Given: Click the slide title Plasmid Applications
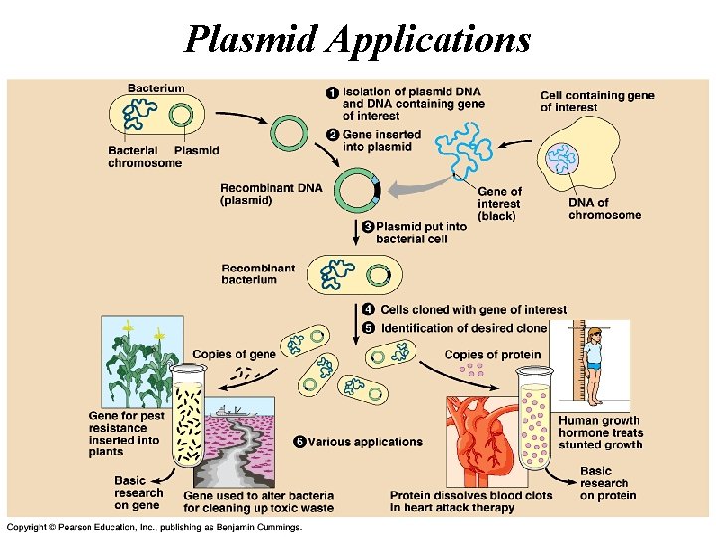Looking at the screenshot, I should (358, 39).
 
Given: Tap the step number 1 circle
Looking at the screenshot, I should (332, 92).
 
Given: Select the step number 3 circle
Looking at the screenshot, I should (367, 227).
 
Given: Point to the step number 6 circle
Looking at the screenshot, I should (300, 441).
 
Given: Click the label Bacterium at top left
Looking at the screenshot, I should (156, 89).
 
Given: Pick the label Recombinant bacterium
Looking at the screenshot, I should (258, 273).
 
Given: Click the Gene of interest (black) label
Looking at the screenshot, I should (499, 204).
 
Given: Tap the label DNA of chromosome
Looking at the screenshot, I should (604, 209).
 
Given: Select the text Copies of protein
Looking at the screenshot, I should (492, 355).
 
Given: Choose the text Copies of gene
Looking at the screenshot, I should (234, 354).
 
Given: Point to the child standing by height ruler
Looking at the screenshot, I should (594, 364).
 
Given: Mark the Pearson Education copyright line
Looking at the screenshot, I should (153, 526).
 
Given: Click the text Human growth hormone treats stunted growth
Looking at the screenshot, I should (600, 433).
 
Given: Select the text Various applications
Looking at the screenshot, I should (364, 442).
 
